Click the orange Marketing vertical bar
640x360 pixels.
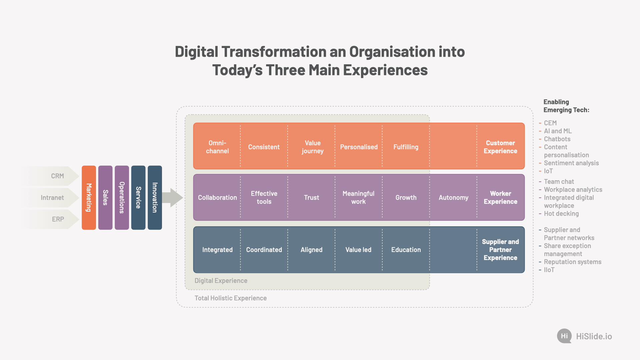89,198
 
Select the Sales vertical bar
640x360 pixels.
105,198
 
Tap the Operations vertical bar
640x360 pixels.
122,198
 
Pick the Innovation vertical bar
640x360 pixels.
155,198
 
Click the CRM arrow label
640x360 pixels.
57,176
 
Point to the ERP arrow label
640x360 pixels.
58,219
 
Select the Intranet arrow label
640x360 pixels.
52,198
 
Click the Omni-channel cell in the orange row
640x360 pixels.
217,147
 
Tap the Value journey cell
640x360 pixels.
312,147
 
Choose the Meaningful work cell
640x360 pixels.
358,198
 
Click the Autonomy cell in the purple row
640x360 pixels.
453,198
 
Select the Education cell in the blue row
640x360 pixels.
406,250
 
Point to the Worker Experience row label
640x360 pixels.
500,198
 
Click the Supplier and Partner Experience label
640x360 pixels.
500,250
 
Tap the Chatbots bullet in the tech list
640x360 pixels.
557,139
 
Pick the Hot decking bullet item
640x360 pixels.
561,214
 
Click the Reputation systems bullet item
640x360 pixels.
573,262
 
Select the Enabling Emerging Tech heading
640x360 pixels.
566,106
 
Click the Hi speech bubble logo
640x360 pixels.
564,336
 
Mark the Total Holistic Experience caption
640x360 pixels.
231,298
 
